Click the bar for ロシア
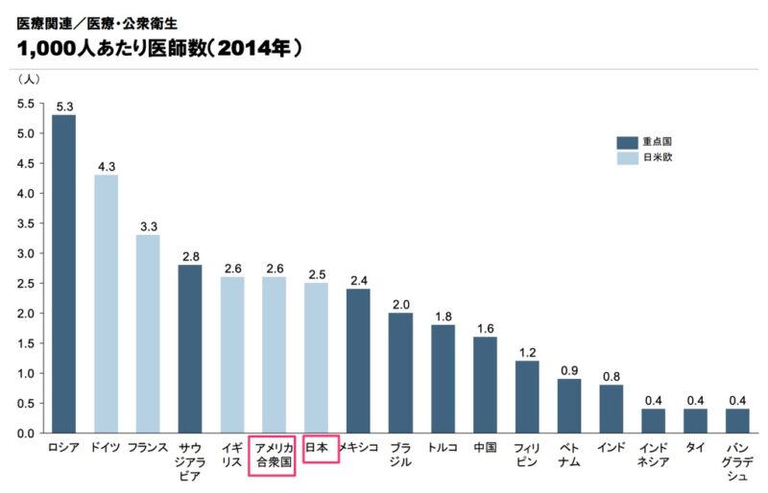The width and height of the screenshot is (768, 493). (64, 273)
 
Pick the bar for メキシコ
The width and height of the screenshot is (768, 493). (358, 361)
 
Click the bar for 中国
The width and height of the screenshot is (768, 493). (485, 385)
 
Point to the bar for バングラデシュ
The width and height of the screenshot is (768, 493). (737, 421)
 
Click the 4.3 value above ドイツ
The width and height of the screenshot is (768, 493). (107, 166)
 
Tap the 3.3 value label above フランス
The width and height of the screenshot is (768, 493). (148, 226)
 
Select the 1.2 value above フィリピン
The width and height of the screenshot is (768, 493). (527, 352)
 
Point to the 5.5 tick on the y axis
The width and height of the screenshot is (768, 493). (26, 104)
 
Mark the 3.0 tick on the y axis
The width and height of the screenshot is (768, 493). (26, 253)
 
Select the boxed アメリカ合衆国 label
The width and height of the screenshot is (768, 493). (274, 455)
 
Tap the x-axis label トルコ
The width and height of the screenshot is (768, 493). (443, 448)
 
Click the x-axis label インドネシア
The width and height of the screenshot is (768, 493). (654, 455)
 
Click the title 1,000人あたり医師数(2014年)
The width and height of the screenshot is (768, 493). (158, 45)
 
